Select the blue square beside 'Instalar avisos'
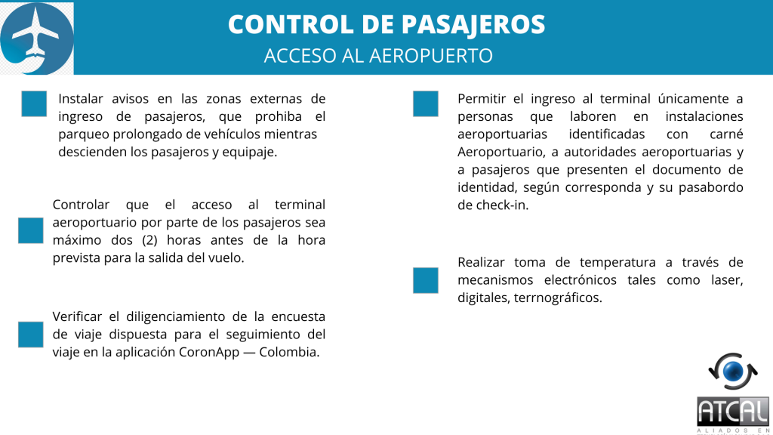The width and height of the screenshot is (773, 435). pyautogui.click(x=34, y=103)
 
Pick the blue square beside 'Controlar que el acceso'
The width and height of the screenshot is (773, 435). pyautogui.click(x=31, y=230)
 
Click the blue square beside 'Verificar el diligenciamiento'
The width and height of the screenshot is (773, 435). pyautogui.click(x=31, y=334)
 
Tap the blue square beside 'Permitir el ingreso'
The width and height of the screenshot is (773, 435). pyautogui.click(x=426, y=103)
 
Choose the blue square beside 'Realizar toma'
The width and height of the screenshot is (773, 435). pyautogui.click(x=426, y=280)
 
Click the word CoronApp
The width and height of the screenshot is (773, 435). pyautogui.click(x=212, y=352)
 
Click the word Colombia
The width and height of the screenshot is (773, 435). pyautogui.click(x=289, y=352)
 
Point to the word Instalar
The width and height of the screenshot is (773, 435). pyautogui.click(x=82, y=99)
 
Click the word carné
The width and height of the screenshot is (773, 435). pyautogui.click(x=725, y=134)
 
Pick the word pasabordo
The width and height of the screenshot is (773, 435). pyautogui.click(x=707, y=187)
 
